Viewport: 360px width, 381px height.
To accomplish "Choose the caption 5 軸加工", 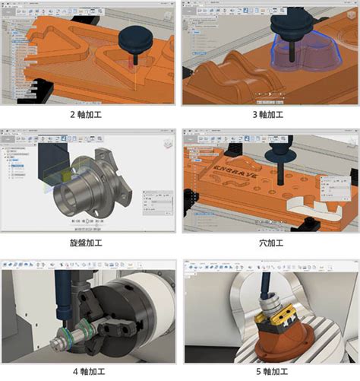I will [x=270, y=373].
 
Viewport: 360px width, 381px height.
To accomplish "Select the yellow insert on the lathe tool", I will [x=69, y=176].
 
